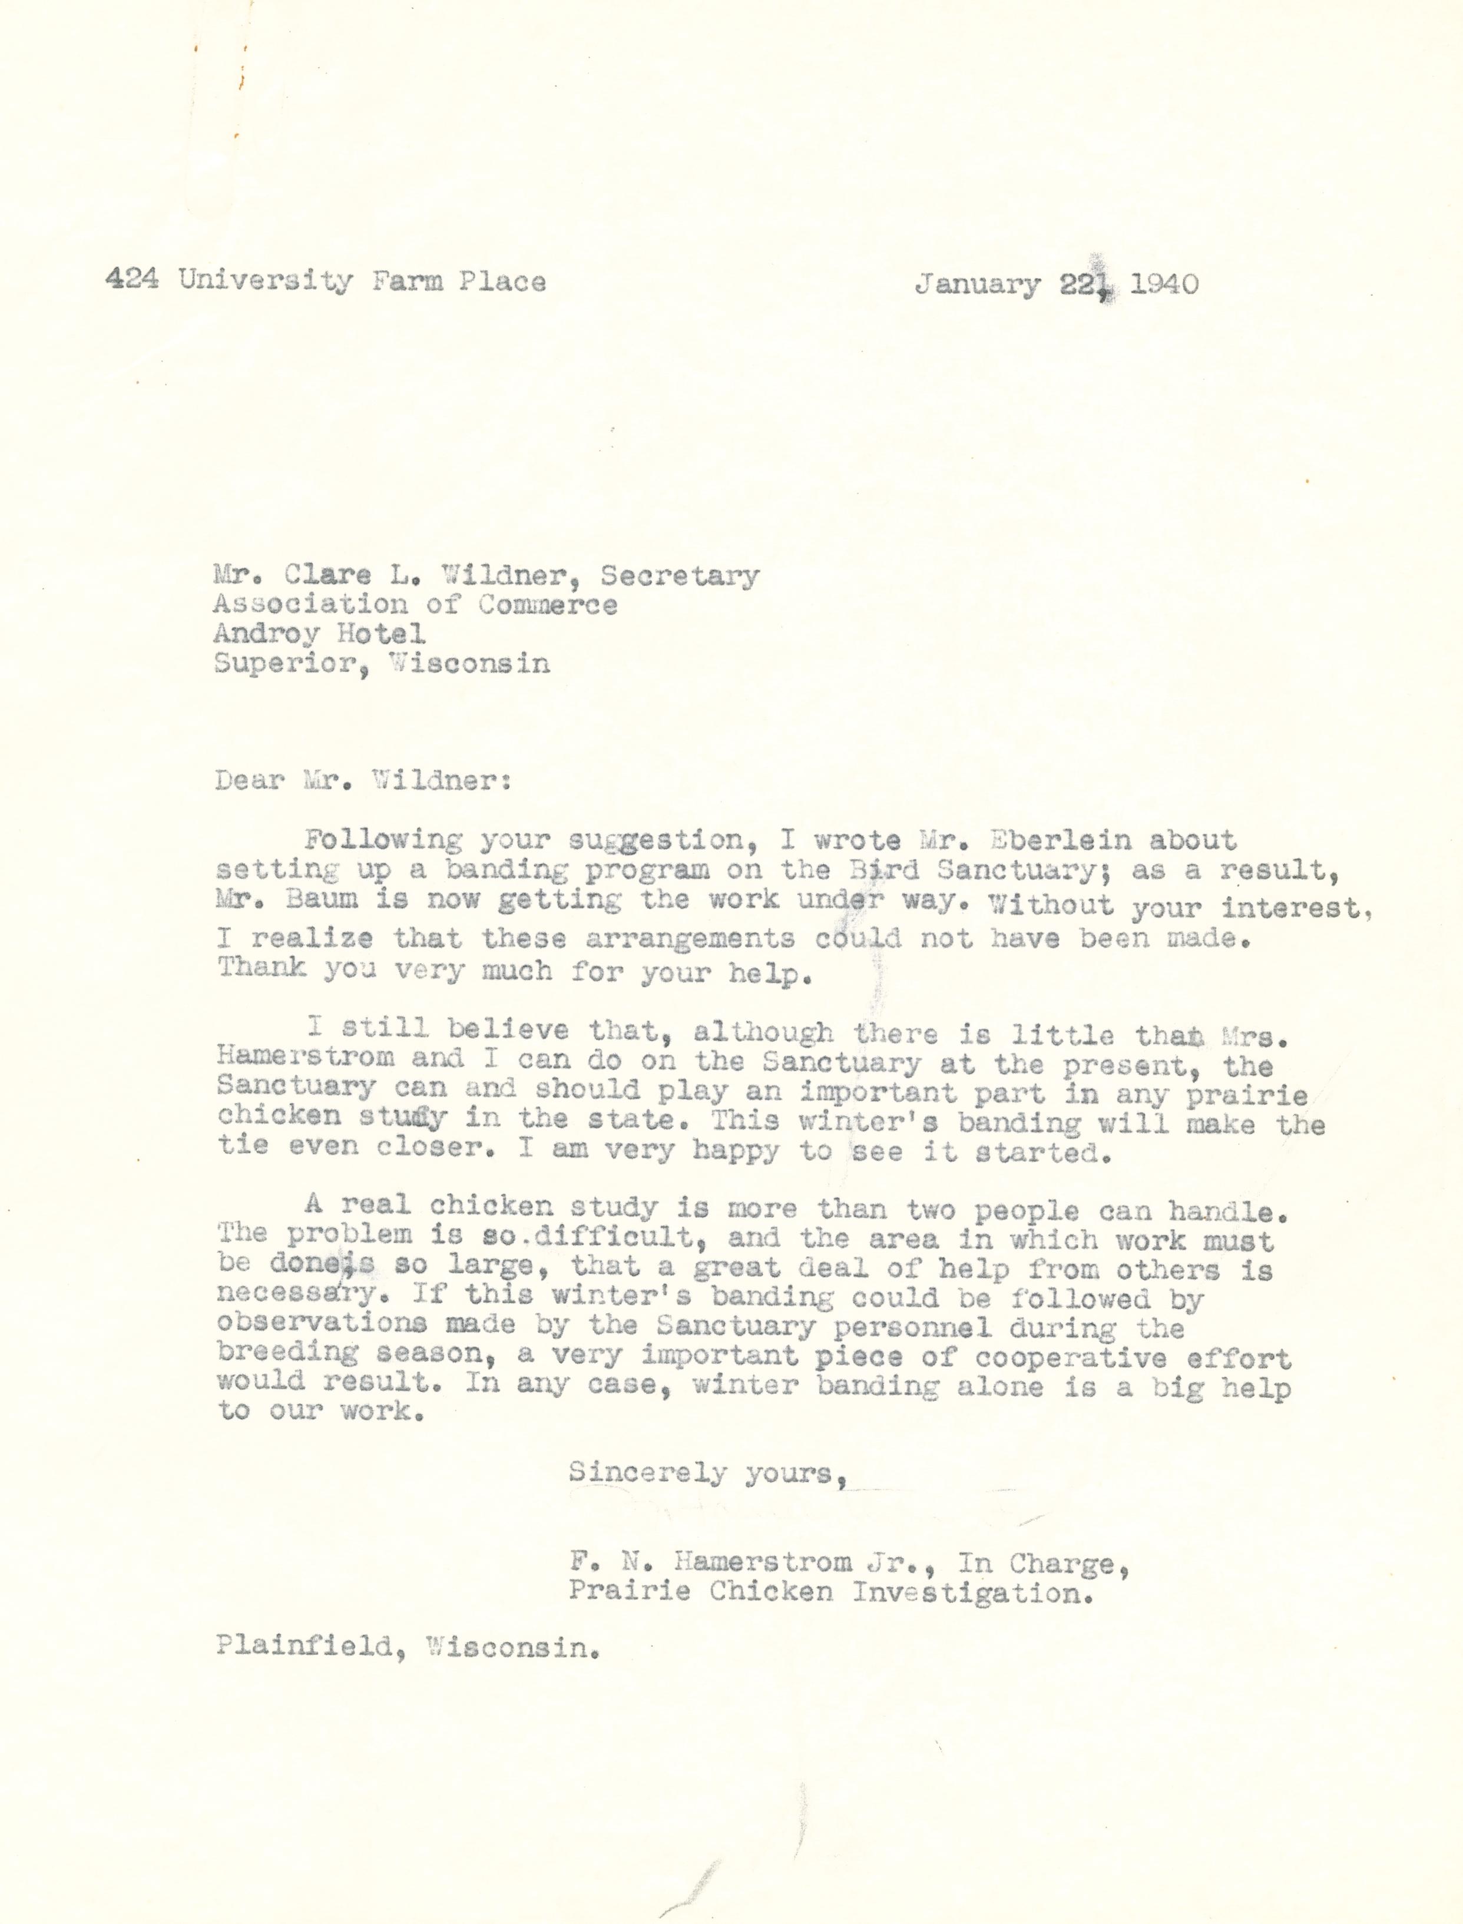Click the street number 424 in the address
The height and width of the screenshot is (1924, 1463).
[131, 280]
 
